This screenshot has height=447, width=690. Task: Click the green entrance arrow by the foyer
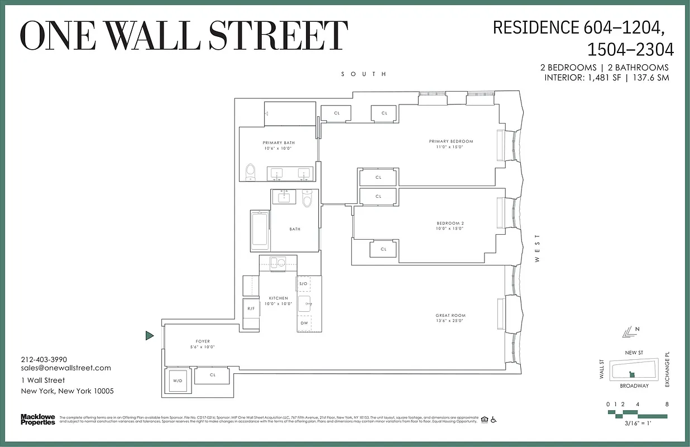coord(149,336)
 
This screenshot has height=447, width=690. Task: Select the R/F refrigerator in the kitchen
coord(251,308)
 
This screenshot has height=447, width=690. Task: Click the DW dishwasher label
coord(304,323)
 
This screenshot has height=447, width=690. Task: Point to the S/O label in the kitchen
coord(304,284)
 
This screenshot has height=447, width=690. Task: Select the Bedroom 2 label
coord(450,226)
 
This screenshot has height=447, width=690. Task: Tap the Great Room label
coord(451,318)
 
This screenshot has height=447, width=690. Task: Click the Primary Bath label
coord(278,145)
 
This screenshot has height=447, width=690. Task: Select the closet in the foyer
coord(213,375)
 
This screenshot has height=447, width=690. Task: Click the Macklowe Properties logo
coord(38,419)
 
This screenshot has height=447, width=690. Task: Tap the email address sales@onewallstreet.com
coord(66,368)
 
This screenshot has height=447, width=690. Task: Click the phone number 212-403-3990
coord(44,359)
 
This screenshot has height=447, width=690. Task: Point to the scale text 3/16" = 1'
coord(637,424)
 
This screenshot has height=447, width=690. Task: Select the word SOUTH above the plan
coord(364,74)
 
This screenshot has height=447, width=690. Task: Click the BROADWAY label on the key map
coord(634,386)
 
